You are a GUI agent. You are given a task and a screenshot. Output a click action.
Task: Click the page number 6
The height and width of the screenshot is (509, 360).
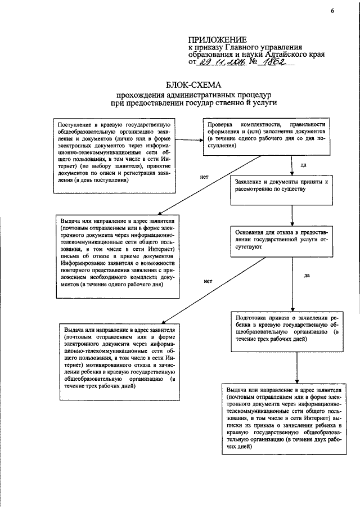[x=332, y=11]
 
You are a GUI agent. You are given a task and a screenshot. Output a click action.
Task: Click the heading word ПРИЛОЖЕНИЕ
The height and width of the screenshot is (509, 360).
[x=217, y=40]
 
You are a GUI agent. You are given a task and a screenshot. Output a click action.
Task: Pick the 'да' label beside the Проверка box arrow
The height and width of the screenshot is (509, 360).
[x=304, y=165]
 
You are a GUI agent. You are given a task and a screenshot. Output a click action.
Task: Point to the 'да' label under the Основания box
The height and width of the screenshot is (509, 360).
[x=307, y=275]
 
